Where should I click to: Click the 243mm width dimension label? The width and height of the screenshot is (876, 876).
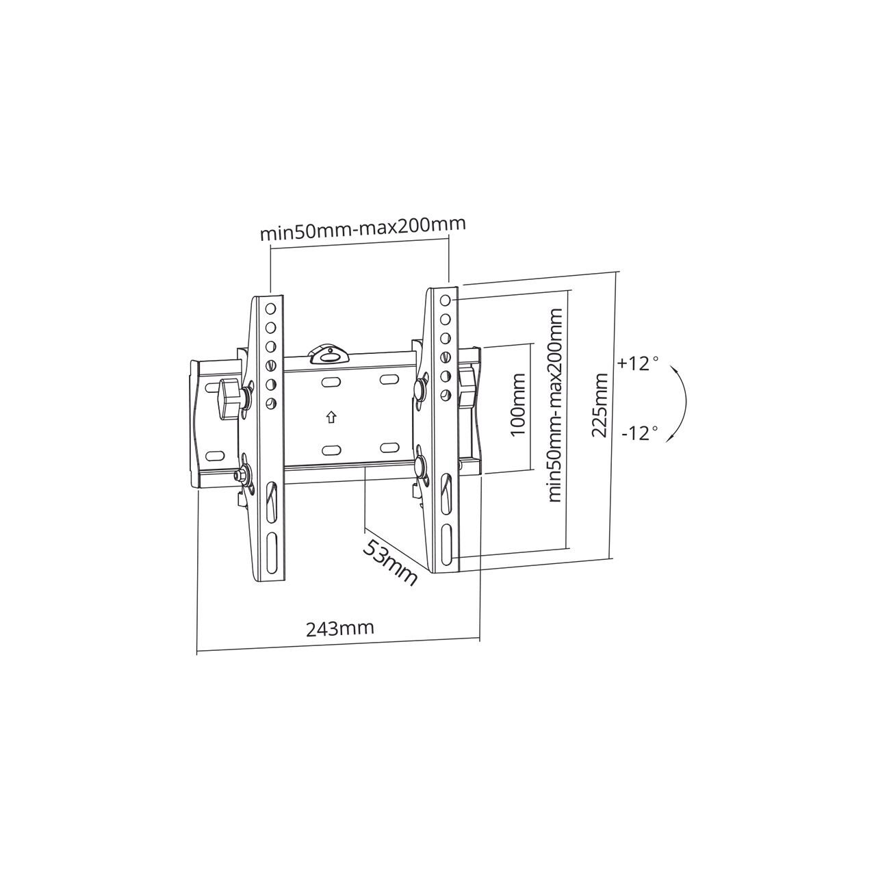click(339, 628)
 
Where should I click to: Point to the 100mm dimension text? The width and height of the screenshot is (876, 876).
click(518, 404)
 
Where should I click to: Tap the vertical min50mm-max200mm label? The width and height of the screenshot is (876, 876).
click(555, 405)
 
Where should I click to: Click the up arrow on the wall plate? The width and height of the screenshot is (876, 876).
click(331, 416)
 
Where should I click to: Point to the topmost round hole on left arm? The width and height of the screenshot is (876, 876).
click(270, 309)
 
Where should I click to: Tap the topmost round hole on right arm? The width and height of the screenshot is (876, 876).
click(446, 300)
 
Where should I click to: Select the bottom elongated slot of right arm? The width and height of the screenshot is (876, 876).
click(447, 544)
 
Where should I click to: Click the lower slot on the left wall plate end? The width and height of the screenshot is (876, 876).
click(214, 455)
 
